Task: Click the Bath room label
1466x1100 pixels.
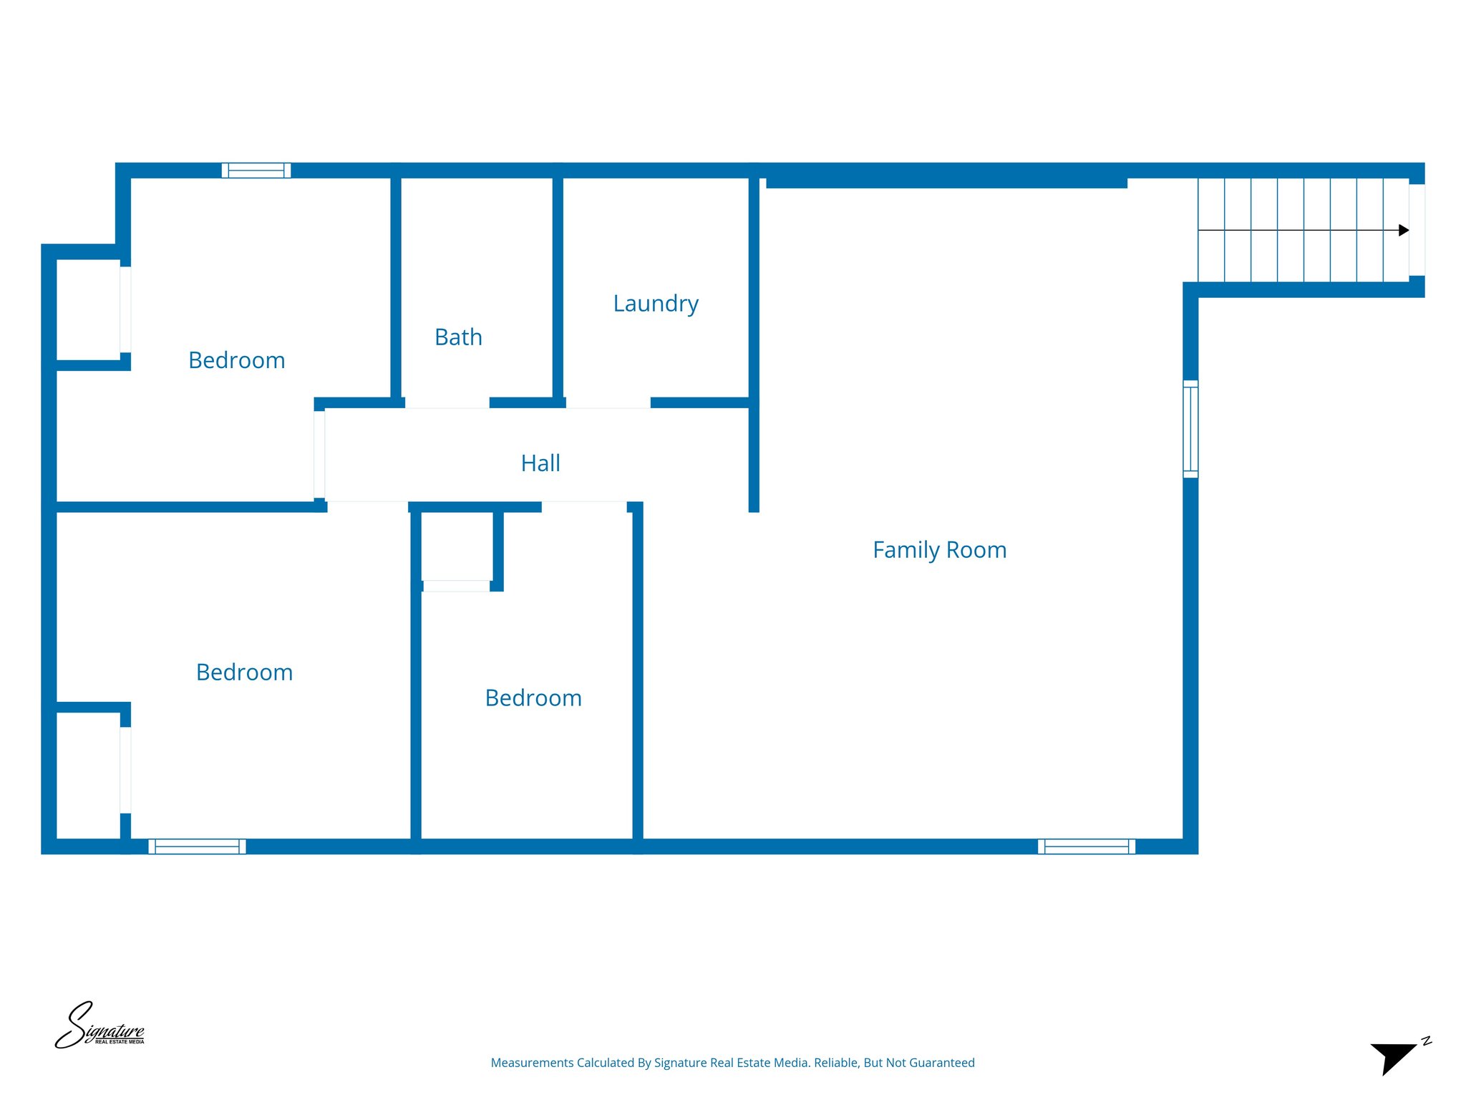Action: tap(458, 337)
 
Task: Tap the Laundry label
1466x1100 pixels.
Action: tap(656, 304)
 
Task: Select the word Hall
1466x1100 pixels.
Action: tap(540, 463)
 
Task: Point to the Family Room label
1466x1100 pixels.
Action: tap(939, 550)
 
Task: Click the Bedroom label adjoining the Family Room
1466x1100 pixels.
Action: tap(533, 698)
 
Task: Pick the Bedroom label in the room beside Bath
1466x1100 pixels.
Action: tap(236, 360)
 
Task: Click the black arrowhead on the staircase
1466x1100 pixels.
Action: tap(1403, 231)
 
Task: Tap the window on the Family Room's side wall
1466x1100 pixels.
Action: tap(1190, 429)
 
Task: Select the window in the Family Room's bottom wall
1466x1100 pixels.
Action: tap(1086, 846)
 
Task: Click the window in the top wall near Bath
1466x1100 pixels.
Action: tap(256, 170)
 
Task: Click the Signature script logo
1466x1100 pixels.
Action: tap(99, 1026)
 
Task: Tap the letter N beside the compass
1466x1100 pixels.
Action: tap(1426, 1041)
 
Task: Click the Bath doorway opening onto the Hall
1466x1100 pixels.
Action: tap(447, 404)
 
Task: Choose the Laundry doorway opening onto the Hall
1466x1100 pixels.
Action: tap(608, 404)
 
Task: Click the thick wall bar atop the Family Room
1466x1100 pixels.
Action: tap(946, 183)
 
